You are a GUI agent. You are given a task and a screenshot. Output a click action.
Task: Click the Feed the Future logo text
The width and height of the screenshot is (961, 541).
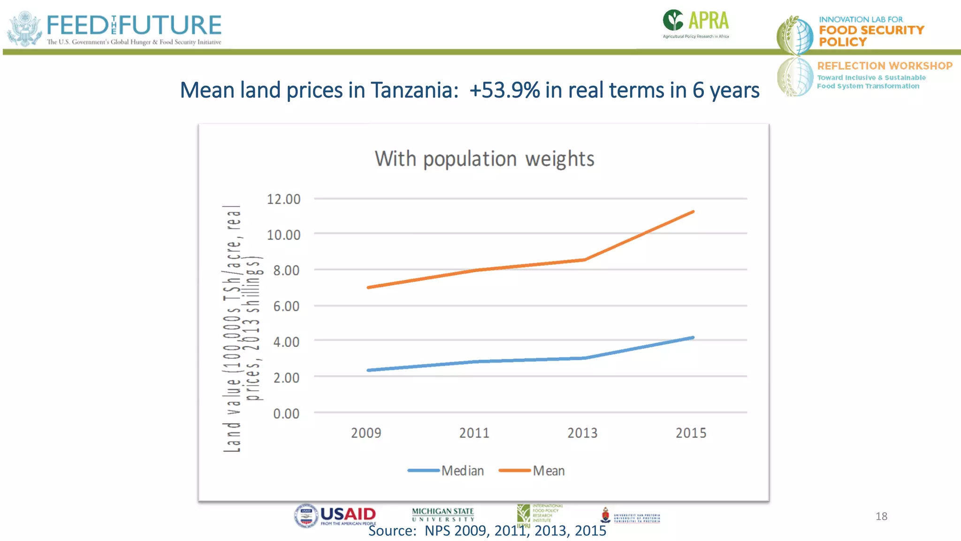pyautogui.click(x=134, y=25)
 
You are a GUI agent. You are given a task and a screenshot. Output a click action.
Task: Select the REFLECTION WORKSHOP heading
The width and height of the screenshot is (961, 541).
pyautogui.click(x=885, y=66)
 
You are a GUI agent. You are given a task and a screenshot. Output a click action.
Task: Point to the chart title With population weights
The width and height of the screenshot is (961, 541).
pyautogui.click(x=484, y=159)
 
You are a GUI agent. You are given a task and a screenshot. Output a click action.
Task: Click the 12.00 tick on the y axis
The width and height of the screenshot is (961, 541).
pyautogui.click(x=283, y=199)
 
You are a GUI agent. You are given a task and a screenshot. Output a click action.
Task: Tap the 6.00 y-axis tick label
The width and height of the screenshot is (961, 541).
pyautogui.click(x=286, y=306)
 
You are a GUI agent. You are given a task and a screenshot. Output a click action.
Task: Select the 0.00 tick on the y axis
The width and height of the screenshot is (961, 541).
pyautogui.click(x=286, y=414)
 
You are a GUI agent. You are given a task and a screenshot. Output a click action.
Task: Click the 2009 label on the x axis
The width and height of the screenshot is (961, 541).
pyautogui.click(x=366, y=433)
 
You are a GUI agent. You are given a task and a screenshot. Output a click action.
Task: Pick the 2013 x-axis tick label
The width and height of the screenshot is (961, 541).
pyautogui.click(x=582, y=433)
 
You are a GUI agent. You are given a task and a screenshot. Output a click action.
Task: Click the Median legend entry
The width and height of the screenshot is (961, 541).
pyautogui.click(x=462, y=471)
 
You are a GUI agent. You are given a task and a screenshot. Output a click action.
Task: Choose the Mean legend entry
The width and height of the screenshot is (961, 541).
pyautogui.click(x=548, y=471)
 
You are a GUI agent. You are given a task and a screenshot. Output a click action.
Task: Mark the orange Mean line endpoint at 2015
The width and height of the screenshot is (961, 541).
pyautogui.click(x=693, y=212)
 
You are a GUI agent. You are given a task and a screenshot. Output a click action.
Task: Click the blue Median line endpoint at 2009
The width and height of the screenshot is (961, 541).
pyautogui.click(x=368, y=370)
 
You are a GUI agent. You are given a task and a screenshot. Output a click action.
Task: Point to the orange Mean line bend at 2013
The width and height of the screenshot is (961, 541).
pyautogui.click(x=584, y=259)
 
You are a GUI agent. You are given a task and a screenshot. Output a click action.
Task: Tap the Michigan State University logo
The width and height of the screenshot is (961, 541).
pyautogui.click(x=443, y=514)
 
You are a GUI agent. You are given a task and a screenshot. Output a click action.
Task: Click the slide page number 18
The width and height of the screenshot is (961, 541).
pyautogui.click(x=881, y=516)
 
